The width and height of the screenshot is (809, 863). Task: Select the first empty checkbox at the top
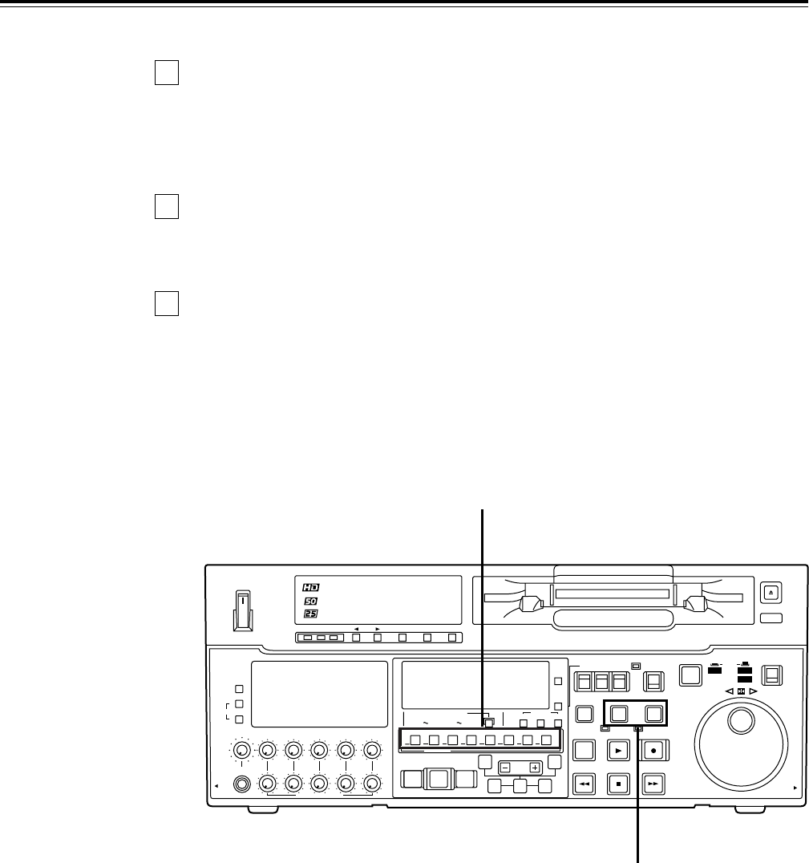166,73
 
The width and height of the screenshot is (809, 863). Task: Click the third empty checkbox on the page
166,302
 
